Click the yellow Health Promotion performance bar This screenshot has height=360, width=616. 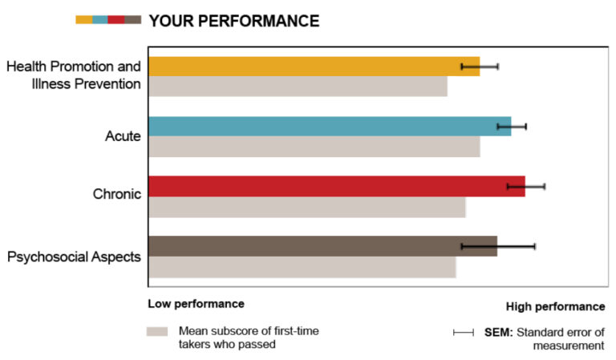pos(314,66)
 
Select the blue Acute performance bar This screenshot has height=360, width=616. pos(330,126)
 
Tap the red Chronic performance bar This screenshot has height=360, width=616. pos(337,186)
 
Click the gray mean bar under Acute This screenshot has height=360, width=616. pos(314,147)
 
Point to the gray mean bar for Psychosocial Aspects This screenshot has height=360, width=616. pos(302,267)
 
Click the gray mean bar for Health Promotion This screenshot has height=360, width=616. pos(298,86)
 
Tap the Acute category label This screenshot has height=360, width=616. pos(123,136)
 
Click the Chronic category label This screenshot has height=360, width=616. pos(117,193)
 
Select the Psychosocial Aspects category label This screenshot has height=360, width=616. pos(74,257)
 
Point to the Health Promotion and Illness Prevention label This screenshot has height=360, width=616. pos(74,74)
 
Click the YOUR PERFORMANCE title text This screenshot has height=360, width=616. pos(233,21)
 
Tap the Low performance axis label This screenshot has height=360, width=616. pos(196,304)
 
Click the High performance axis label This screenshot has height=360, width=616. pos(555,306)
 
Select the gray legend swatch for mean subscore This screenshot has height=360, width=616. pos(157,330)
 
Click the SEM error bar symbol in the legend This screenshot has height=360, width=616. pos(464,332)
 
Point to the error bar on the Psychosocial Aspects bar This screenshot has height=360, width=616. pos(497,246)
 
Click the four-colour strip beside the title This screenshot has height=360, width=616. pos(107,20)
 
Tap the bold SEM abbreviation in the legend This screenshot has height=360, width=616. pos(496,332)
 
